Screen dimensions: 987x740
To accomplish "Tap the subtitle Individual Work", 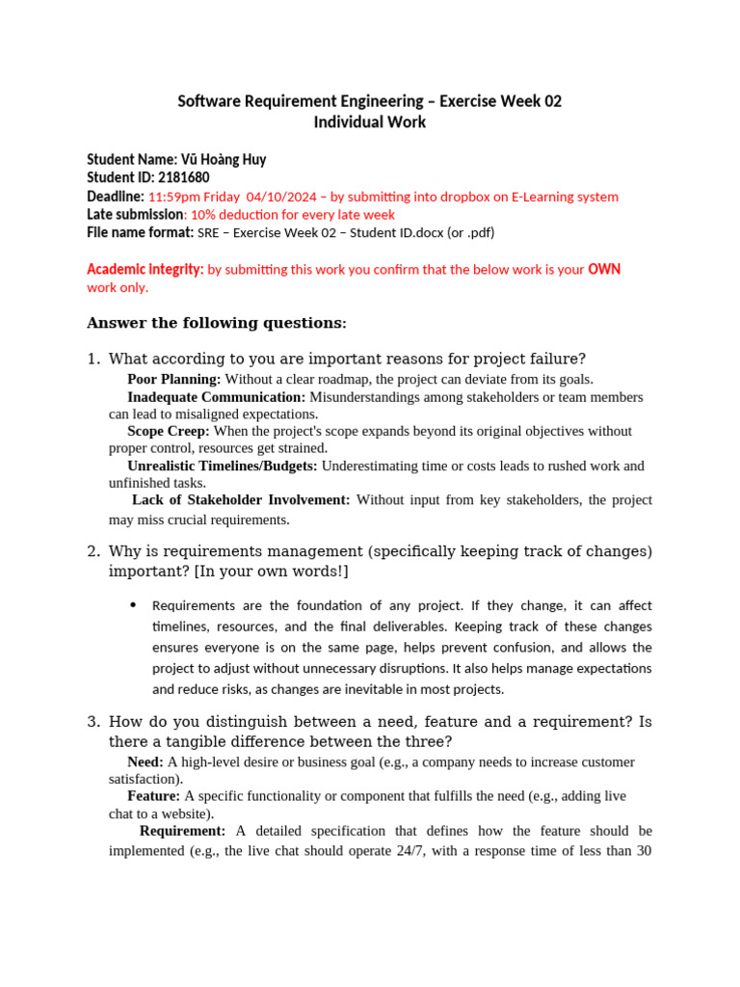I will (x=369, y=122).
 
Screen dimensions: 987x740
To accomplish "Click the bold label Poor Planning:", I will (x=174, y=380).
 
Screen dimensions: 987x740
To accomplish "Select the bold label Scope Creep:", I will (x=168, y=431).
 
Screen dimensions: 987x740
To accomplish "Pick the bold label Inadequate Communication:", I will (x=217, y=397).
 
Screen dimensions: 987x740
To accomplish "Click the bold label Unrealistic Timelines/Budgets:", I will (x=223, y=466).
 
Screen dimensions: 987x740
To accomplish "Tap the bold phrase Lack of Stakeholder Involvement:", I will (x=241, y=499).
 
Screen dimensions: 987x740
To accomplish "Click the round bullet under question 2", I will (x=132, y=605).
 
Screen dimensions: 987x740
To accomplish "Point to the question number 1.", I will (x=92, y=359).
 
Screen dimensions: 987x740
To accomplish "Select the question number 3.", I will (x=92, y=721).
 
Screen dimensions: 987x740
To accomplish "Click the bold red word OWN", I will (x=604, y=269).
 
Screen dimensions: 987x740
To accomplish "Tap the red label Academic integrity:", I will (x=145, y=269).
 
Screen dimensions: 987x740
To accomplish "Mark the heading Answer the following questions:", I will (x=217, y=323).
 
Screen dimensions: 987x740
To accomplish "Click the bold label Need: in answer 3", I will (x=146, y=761).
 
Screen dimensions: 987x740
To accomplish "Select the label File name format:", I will (x=140, y=232).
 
